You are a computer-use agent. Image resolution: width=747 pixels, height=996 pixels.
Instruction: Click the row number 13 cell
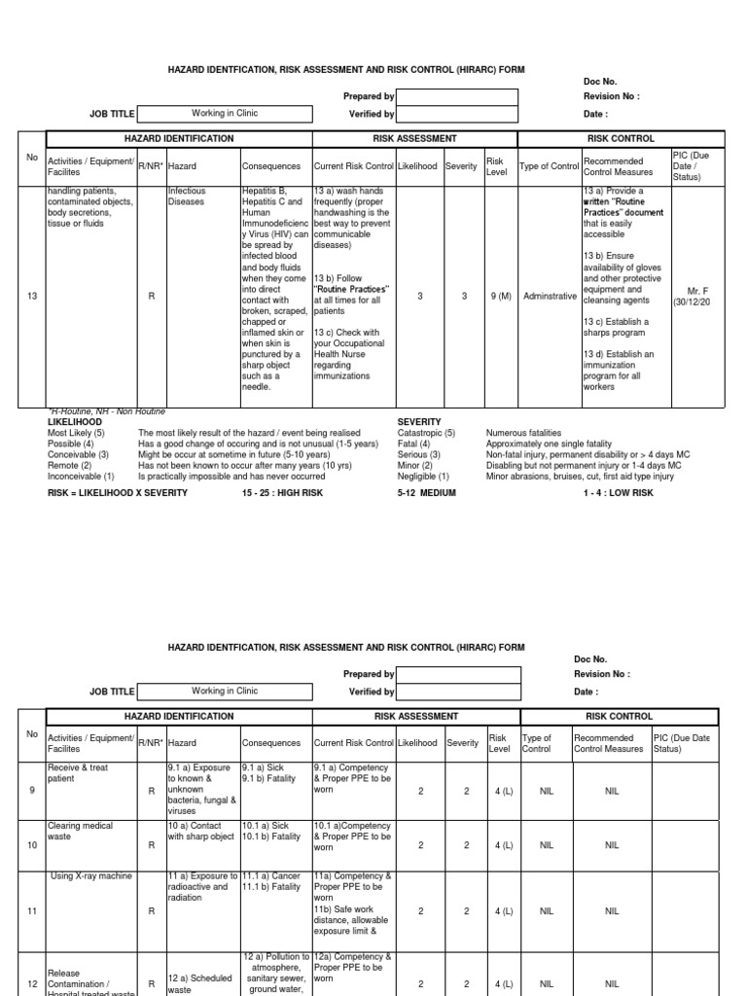[x=32, y=296]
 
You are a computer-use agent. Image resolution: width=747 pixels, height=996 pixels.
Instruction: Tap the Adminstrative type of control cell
[x=549, y=296]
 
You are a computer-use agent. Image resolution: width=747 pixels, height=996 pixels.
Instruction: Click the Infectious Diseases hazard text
[x=188, y=197]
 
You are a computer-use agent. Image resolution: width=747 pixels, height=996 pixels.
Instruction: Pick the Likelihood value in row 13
[x=420, y=296]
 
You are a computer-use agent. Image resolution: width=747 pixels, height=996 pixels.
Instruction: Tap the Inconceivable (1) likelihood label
[x=81, y=477]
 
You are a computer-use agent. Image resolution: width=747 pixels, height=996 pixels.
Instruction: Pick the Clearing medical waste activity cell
[x=81, y=832]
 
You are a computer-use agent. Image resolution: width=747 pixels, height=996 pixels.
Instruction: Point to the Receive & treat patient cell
[x=78, y=773]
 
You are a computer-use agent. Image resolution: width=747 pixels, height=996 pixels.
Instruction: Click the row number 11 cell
[x=32, y=912]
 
